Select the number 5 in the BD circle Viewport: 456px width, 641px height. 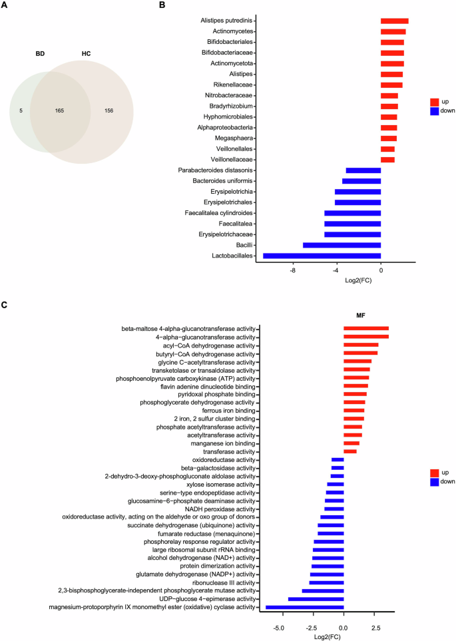(x=22, y=110)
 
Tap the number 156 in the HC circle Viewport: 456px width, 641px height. (x=109, y=110)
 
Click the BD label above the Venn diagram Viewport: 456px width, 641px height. (x=40, y=54)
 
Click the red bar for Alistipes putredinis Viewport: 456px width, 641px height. (x=394, y=21)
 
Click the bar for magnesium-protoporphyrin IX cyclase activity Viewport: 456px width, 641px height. (x=304, y=607)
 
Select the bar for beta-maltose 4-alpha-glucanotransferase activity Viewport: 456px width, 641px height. (x=365, y=328)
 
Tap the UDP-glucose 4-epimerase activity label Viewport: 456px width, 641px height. (x=200, y=599)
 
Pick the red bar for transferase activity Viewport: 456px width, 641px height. (x=349, y=452)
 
